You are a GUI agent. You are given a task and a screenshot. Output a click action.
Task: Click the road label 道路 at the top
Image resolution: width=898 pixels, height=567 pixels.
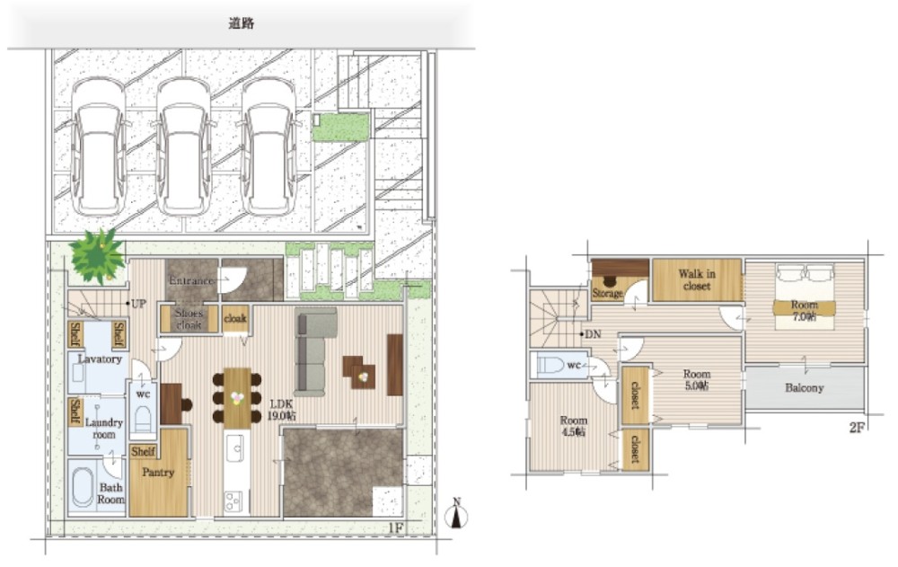pos(241,24)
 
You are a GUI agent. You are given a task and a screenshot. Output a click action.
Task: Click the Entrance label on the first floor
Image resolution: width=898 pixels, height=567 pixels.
pos(191,280)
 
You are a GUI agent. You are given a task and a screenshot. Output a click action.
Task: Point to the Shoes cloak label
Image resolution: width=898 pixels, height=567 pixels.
pos(189,319)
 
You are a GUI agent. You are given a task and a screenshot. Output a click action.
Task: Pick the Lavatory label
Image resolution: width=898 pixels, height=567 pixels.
pos(99,359)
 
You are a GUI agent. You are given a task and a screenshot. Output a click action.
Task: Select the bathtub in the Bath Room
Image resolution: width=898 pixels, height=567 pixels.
pos(84,488)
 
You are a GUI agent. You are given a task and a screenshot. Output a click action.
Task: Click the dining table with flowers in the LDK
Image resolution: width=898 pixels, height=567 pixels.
pos(237,396)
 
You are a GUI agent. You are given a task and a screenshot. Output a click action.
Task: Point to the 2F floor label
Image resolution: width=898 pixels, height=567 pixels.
pos(856,428)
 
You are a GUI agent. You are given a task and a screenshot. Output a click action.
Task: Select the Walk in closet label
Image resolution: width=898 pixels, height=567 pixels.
pos(697,279)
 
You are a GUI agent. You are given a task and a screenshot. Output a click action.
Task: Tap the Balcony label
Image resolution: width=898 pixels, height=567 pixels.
pos(805,388)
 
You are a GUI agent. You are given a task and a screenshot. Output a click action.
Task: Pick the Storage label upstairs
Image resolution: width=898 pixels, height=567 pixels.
pos(608,293)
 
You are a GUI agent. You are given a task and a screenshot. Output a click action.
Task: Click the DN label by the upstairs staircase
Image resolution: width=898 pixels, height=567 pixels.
pos(592,334)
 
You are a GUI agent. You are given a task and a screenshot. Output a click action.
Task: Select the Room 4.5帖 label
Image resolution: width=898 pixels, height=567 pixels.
pos(573,426)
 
